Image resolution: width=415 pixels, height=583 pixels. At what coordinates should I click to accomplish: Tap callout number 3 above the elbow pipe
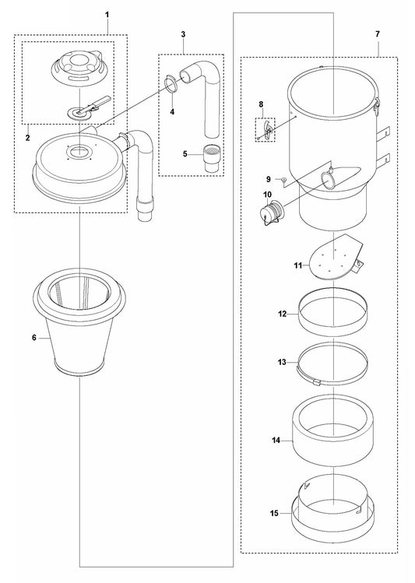182,36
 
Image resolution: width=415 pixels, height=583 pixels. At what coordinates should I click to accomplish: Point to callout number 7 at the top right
378,36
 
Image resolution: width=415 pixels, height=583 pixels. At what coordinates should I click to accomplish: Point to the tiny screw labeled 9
283,180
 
